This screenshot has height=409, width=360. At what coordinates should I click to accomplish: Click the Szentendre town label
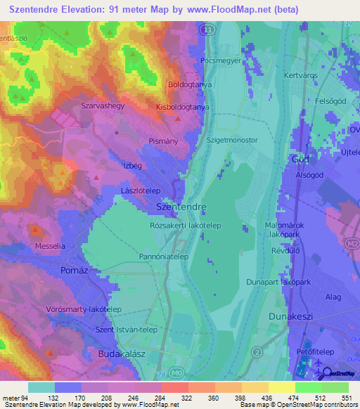[x=180, y=208]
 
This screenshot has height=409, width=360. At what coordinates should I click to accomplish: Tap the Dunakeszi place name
[x=293, y=317]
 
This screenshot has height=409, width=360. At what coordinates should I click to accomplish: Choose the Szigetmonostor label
[x=232, y=140]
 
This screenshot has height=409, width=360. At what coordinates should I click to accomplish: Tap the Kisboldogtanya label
[x=182, y=107]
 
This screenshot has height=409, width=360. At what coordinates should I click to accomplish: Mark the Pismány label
[x=162, y=141]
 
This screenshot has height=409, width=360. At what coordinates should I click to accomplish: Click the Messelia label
[x=50, y=247]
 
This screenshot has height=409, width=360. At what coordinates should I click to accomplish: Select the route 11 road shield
[x=206, y=30]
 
